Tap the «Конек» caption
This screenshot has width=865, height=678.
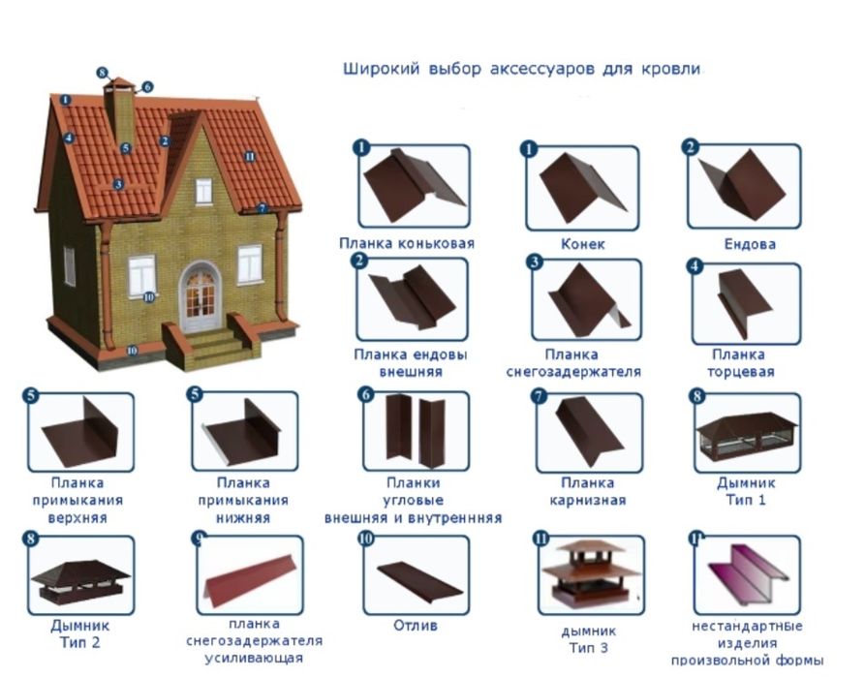582,244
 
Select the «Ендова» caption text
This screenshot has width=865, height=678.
750,244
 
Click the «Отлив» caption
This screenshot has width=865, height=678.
416,626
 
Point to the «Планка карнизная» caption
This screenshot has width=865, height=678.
588,491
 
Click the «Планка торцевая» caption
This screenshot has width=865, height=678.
740,362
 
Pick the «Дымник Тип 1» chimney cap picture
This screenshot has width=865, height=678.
747,436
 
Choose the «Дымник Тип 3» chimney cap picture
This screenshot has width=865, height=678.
585,572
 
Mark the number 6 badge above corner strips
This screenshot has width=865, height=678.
366,395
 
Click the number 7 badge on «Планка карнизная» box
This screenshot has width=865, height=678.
539,396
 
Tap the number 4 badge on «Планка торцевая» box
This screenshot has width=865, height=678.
695,266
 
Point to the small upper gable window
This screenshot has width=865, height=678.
203,191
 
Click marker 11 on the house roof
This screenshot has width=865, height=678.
250,157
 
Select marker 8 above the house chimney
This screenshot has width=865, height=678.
102,73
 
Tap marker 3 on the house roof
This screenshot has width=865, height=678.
118,184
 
